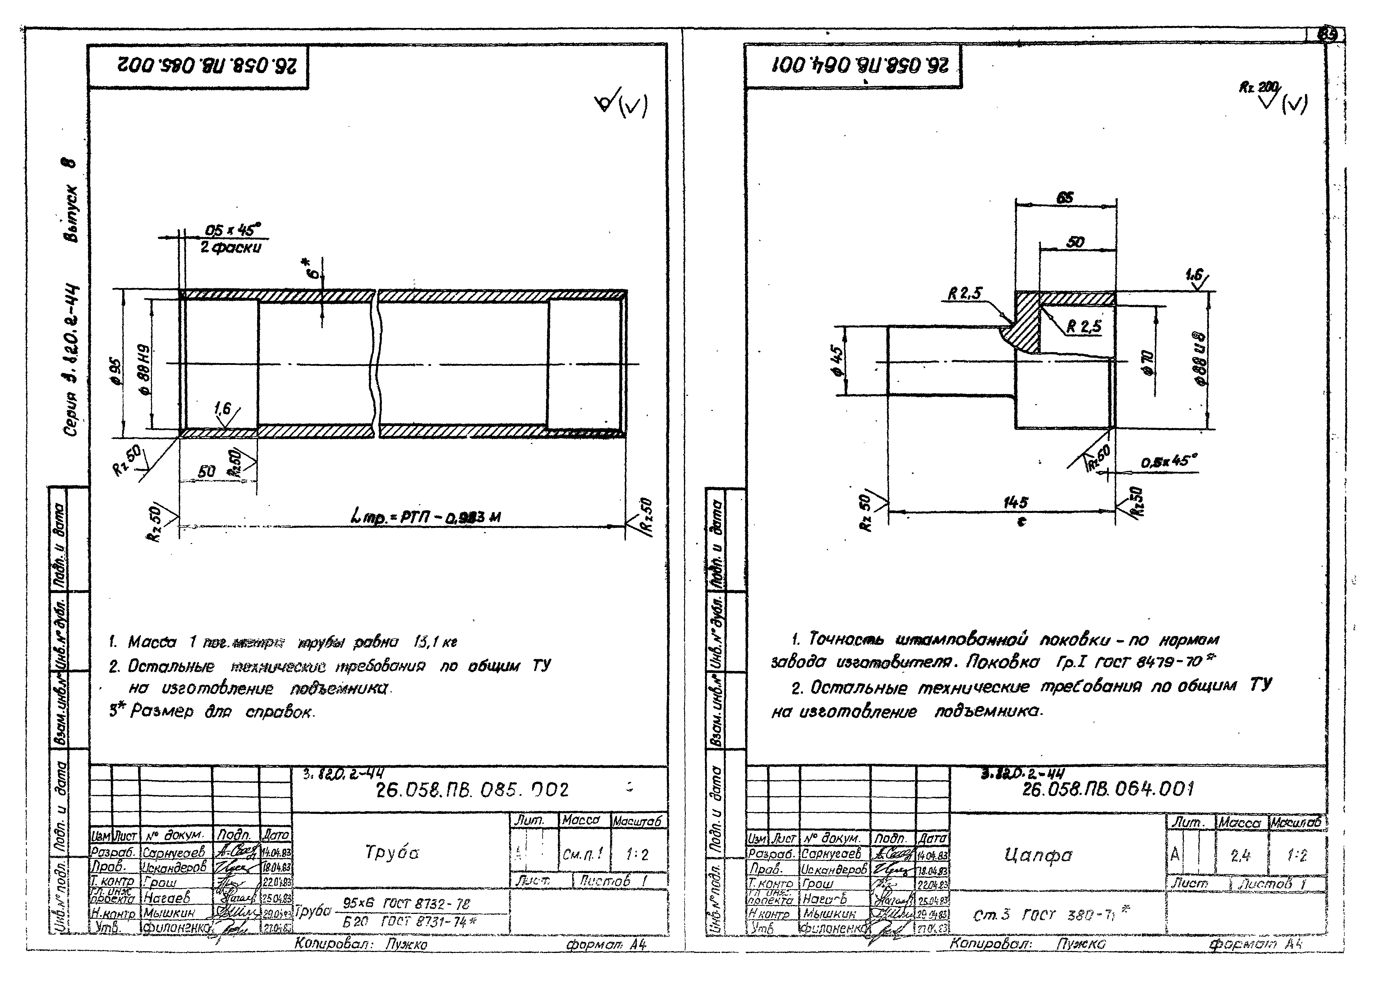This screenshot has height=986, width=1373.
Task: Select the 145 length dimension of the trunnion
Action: pyautogui.click(x=1015, y=502)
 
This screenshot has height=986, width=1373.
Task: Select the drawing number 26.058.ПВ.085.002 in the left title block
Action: pyautogui.click(x=472, y=790)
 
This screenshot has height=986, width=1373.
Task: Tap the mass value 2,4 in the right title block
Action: pyautogui.click(x=1240, y=855)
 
